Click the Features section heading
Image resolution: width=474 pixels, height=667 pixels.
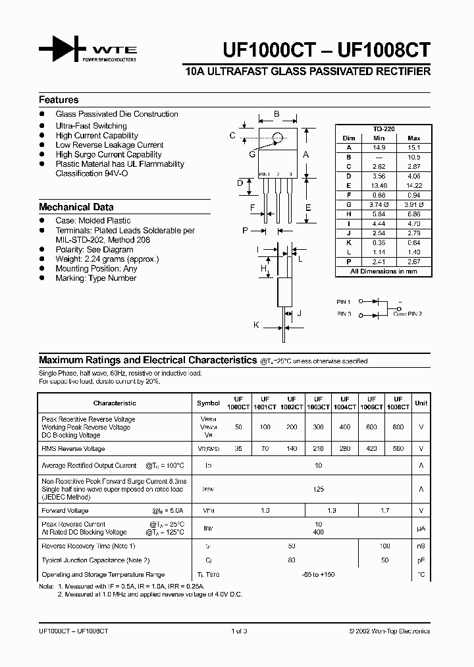click(59, 100)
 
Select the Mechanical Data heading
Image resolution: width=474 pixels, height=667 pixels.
click(76, 207)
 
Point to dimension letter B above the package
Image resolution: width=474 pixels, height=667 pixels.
click(276, 114)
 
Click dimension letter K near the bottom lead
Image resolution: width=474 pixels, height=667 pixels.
click(257, 325)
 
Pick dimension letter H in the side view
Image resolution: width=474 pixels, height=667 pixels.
click(263, 269)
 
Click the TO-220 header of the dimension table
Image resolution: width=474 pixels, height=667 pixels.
click(384, 129)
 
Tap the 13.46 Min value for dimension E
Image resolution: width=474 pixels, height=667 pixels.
click(379, 186)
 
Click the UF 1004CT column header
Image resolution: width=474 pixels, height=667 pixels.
click(344, 403)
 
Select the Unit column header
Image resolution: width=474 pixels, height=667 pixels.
click(421, 403)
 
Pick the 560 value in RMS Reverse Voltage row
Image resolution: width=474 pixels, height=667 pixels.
click(398, 449)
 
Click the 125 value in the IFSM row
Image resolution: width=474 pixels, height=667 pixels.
click(319, 490)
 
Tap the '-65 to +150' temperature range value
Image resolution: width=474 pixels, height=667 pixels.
click(319, 575)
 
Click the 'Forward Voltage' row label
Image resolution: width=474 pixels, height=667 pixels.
click(65, 511)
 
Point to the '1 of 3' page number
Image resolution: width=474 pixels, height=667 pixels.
click(239, 631)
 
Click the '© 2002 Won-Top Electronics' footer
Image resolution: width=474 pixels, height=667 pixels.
click(389, 631)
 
